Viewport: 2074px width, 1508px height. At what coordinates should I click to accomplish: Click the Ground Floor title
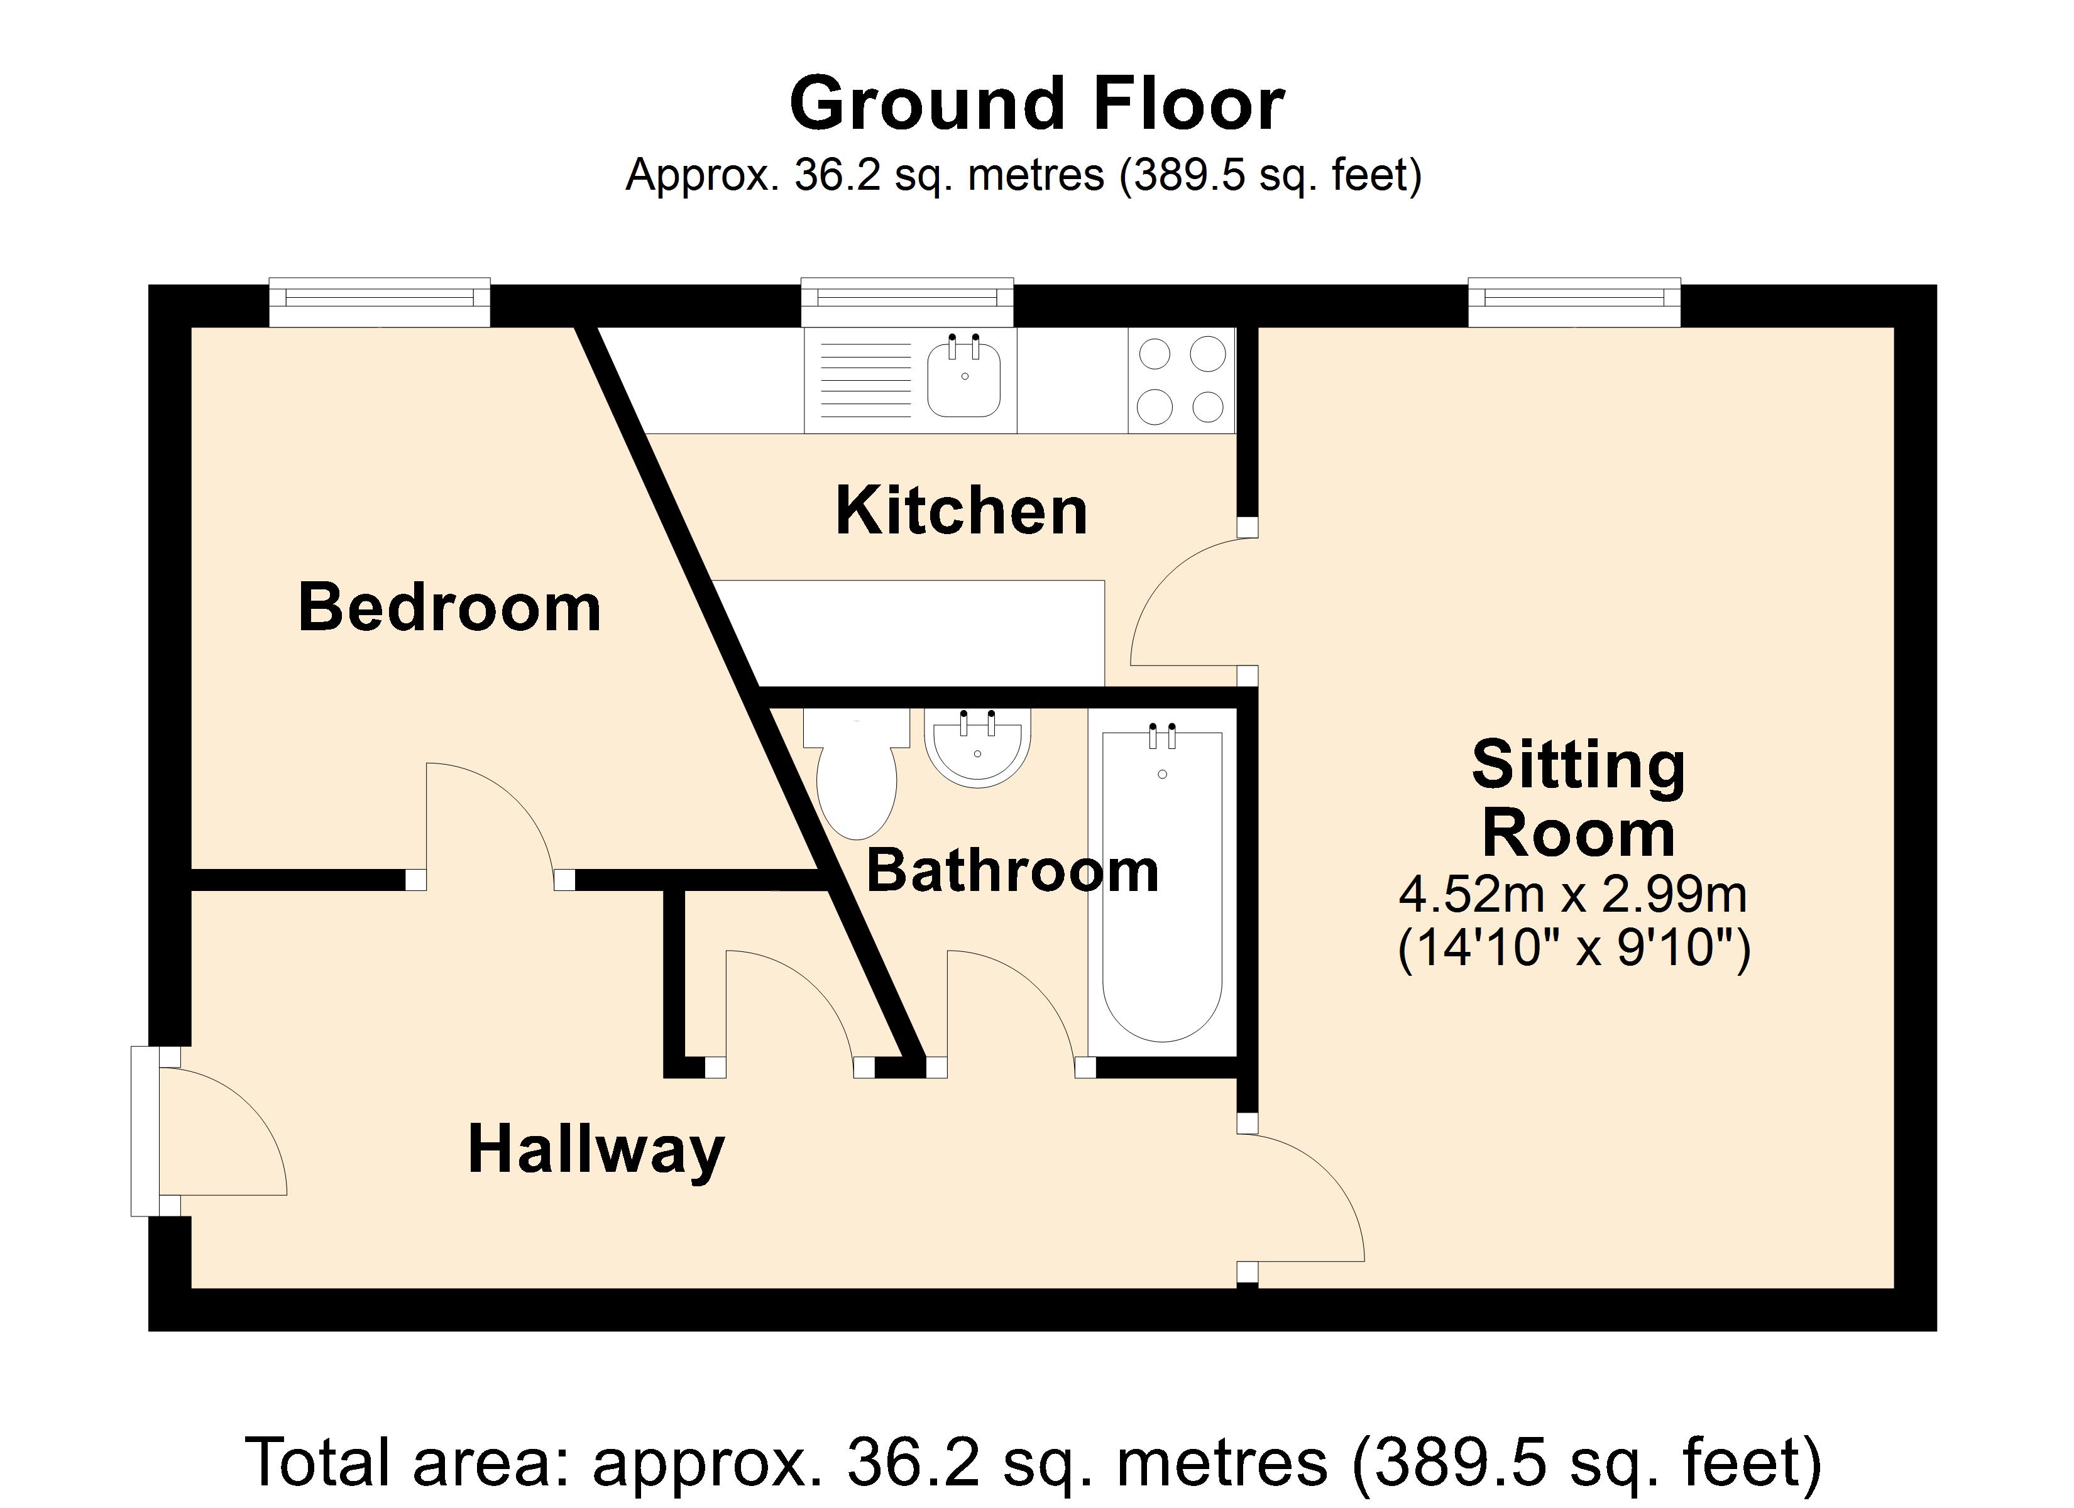pos(1036,105)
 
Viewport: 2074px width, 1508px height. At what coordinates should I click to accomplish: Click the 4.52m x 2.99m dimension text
pos(1573,893)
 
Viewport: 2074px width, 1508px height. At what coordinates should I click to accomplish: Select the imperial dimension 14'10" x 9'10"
pos(1573,948)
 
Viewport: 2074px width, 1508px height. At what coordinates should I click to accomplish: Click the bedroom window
pos(380,302)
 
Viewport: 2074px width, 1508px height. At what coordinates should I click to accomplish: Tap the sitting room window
pos(1574,302)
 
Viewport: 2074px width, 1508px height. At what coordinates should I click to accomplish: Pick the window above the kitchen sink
pos(907,302)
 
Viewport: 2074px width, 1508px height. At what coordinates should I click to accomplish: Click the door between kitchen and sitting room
pos(1189,604)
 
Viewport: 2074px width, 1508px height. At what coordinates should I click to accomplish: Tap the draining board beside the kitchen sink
pos(864,380)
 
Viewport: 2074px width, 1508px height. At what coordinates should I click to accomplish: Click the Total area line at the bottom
pos(1033,1462)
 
